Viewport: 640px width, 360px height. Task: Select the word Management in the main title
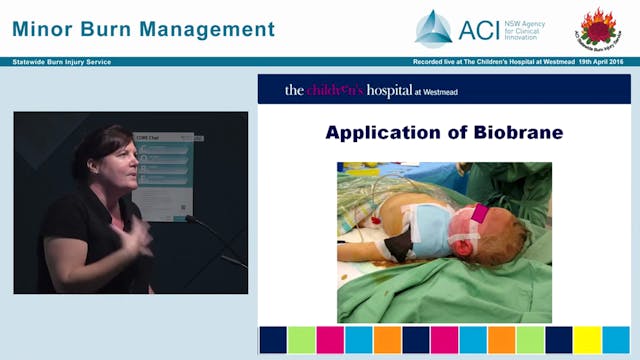[x=209, y=29]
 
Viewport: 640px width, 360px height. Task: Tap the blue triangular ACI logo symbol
[x=433, y=28]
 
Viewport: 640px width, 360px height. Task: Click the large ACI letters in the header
[x=478, y=29]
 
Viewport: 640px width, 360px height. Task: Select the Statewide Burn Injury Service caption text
[x=61, y=62]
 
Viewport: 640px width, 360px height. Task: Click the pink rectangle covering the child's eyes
[x=478, y=212]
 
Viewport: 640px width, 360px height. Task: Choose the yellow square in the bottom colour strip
[x=587, y=340]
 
